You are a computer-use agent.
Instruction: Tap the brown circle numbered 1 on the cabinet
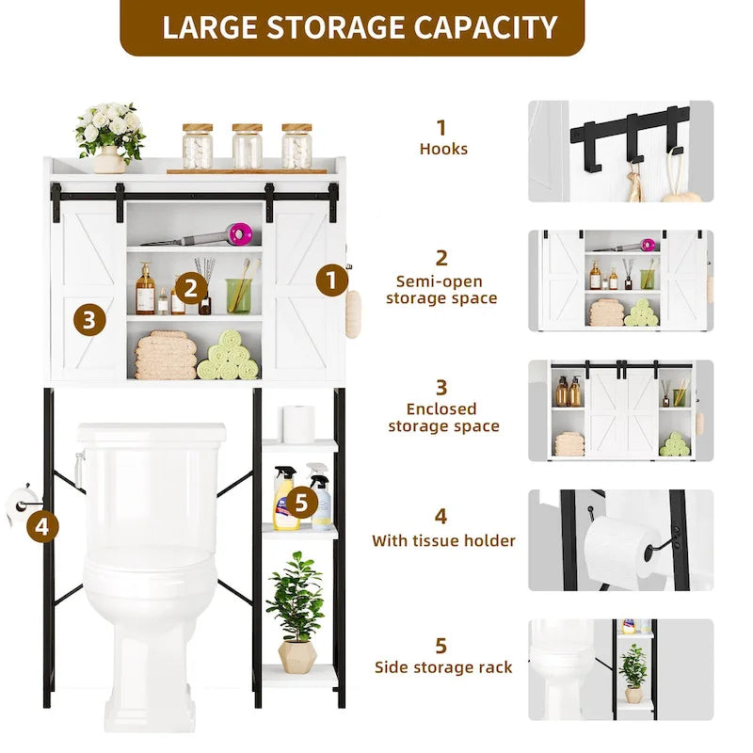[x=331, y=280]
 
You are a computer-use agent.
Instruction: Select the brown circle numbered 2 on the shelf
[x=191, y=287]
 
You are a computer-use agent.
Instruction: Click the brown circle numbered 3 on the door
[x=88, y=320]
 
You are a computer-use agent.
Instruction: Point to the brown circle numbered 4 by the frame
[x=41, y=527]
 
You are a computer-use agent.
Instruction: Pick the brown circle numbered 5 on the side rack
[x=300, y=503]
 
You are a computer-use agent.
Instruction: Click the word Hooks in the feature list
[x=443, y=149]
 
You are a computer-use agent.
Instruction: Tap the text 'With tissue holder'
[x=443, y=540]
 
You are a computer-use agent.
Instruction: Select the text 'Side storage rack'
[x=443, y=667]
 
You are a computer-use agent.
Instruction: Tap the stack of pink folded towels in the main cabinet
[x=165, y=356]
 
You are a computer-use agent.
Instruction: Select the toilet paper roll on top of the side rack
[x=298, y=425]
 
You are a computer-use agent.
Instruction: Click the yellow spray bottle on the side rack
[x=285, y=500]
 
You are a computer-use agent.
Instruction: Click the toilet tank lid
[x=152, y=433]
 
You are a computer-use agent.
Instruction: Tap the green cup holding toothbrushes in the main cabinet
[x=239, y=296]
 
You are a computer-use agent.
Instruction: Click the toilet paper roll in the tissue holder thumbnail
[x=617, y=550]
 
